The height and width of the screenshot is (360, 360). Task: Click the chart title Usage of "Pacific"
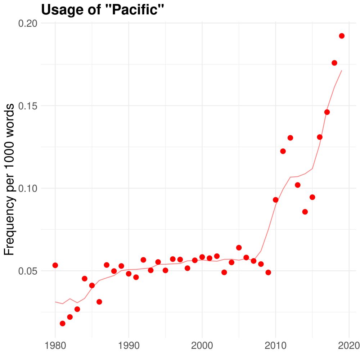(x=103, y=10)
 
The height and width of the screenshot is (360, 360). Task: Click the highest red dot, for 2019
(x=342, y=36)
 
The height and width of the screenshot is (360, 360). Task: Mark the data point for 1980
(x=55, y=265)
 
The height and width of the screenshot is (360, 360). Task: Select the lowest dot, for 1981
(x=62, y=323)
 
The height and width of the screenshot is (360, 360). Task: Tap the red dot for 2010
(x=276, y=200)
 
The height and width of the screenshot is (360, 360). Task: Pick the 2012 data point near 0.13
(x=290, y=138)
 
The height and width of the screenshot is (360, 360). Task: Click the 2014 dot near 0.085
(x=305, y=212)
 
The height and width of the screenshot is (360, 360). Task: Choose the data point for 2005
(x=239, y=247)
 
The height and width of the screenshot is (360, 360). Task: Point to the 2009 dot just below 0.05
(x=268, y=272)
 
